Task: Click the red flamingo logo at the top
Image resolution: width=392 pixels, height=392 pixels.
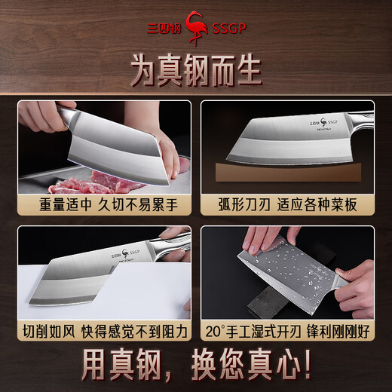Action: tap(197, 22)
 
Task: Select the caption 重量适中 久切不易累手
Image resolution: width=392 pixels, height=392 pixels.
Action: tap(104, 204)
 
